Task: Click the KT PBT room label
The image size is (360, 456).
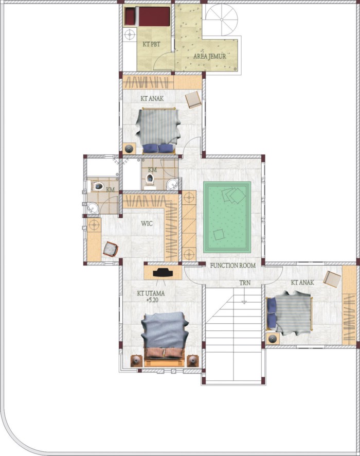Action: pos(151,44)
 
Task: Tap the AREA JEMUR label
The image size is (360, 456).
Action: pos(209,56)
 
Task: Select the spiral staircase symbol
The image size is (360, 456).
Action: pos(222,20)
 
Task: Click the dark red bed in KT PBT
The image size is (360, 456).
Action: pos(147,16)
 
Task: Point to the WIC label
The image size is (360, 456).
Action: pos(147,224)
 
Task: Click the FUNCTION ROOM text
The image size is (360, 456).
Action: pos(233,266)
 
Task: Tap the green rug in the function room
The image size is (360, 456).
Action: pos(227,217)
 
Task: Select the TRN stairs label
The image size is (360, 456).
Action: pos(245,283)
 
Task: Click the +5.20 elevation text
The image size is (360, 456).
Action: pos(152,300)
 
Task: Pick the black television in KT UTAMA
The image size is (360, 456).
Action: pos(163,272)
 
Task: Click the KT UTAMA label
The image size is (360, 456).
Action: pos(151,293)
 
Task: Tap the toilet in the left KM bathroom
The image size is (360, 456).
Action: pos(98,186)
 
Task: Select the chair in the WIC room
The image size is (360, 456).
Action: pos(111,250)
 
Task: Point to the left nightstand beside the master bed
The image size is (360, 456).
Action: pos(136,361)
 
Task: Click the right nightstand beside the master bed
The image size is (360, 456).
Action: pos(193,361)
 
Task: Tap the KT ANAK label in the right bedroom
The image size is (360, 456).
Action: pos(302,283)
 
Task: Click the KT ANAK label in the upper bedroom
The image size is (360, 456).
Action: pos(152,99)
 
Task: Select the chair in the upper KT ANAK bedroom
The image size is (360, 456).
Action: pos(193,100)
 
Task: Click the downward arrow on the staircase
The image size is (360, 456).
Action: pos(244,296)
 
